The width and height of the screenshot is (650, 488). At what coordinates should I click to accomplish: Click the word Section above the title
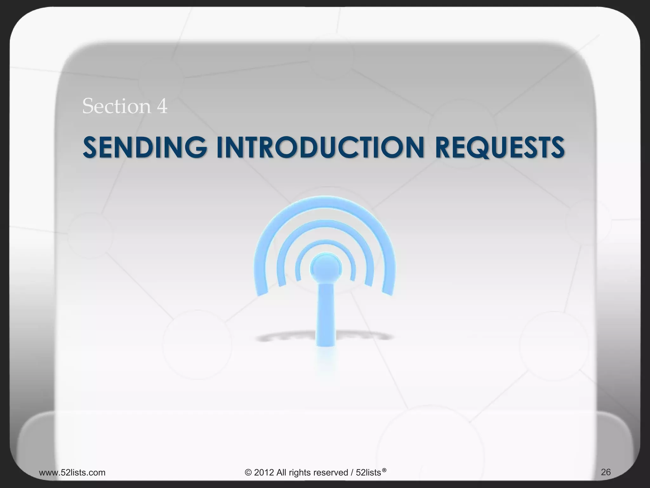(x=116, y=106)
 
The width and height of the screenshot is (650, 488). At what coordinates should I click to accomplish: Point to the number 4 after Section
(x=162, y=106)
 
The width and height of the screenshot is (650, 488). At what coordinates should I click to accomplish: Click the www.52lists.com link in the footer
(x=72, y=472)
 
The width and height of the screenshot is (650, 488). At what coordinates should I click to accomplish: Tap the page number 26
(x=606, y=472)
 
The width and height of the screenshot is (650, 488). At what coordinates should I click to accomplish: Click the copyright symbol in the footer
(x=248, y=472)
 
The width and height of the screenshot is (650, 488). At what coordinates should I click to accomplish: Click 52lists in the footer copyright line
(x=368, y=472)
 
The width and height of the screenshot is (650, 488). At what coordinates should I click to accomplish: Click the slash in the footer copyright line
(x=352, y=472)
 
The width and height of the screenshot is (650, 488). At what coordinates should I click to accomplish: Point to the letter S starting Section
(x=88, y=106)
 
